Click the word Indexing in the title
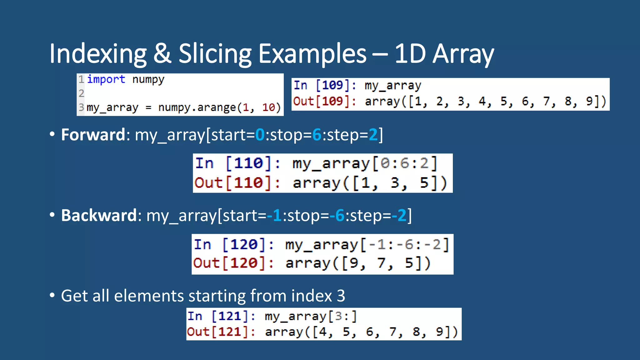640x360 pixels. pyautogui.click(x=98, y=54)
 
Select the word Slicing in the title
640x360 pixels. pyautogui.click(x=215, y=54)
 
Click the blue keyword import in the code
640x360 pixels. pyautogui.click(x=106, y=79)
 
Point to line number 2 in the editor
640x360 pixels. pyautogui.click(x=81, y=93)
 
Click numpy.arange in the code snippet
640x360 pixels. pyautogui.click(x=197, y=107)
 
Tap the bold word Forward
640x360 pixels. pyautogui.click(x=93, y=135)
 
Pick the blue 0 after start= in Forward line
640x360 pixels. pyautogui.click(x=260, y=135)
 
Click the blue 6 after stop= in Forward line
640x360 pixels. pyautogui.click(x=317, y=135)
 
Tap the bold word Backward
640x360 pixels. pyautogui.click(x=99, y=215)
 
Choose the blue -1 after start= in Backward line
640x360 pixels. pyautogui.click(x=274, y=215)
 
